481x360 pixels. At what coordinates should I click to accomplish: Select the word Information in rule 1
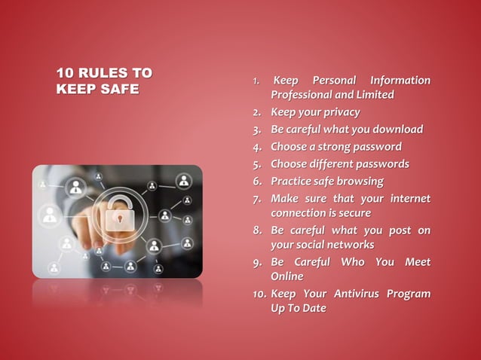coord(400,81)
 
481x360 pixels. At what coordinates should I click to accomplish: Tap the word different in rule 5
coord(331,163)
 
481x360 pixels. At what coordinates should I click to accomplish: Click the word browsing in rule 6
coord(359,181)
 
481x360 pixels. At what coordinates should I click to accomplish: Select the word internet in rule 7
coord(409,198)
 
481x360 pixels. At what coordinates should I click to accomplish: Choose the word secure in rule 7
coord(354,213)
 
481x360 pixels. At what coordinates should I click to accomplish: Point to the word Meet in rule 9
coord(418,261)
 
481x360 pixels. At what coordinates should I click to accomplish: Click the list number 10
coord(259,294)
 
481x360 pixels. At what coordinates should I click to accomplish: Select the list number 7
coord(257,199)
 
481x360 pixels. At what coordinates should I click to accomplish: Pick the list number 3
coord(257,130)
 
